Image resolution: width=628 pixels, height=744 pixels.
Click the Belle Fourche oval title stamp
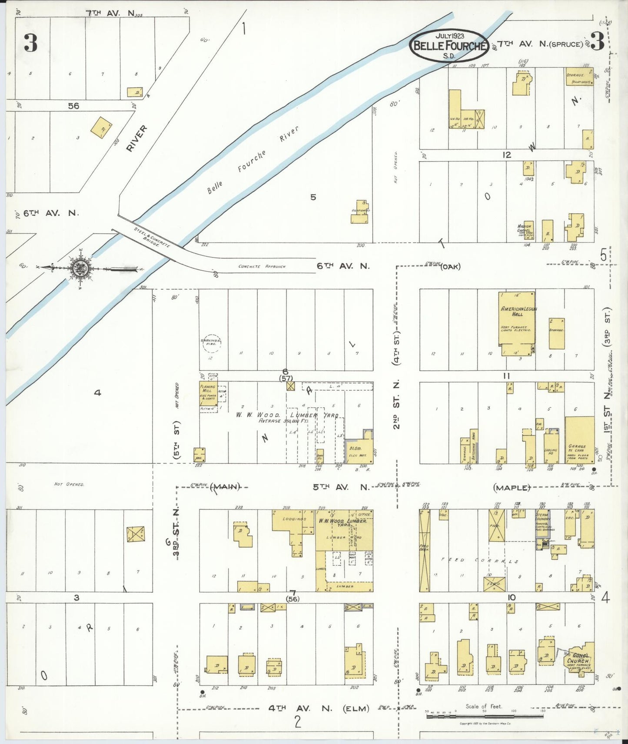pyautogui.click(x=449, y=45)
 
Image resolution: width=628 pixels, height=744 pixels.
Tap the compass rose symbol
pyautogui.click(x=81, y=268)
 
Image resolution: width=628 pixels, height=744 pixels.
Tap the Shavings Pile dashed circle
pyautogui.click(x=211, y=343)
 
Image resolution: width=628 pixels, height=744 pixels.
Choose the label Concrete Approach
pyautogui.click(x=262, y=266)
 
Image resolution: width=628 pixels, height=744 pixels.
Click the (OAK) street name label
pyautogui.click(x=450, y=266)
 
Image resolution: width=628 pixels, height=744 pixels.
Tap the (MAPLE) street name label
pyautogui.click(x=512, y=488)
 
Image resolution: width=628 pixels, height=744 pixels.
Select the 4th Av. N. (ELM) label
pyautogui.click(x=318, y=708)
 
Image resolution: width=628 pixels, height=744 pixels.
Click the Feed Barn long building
pyautogui.click(x=425, y=550)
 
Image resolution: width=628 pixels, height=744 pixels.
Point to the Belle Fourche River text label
pyautogui.click(x=252, y=162)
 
